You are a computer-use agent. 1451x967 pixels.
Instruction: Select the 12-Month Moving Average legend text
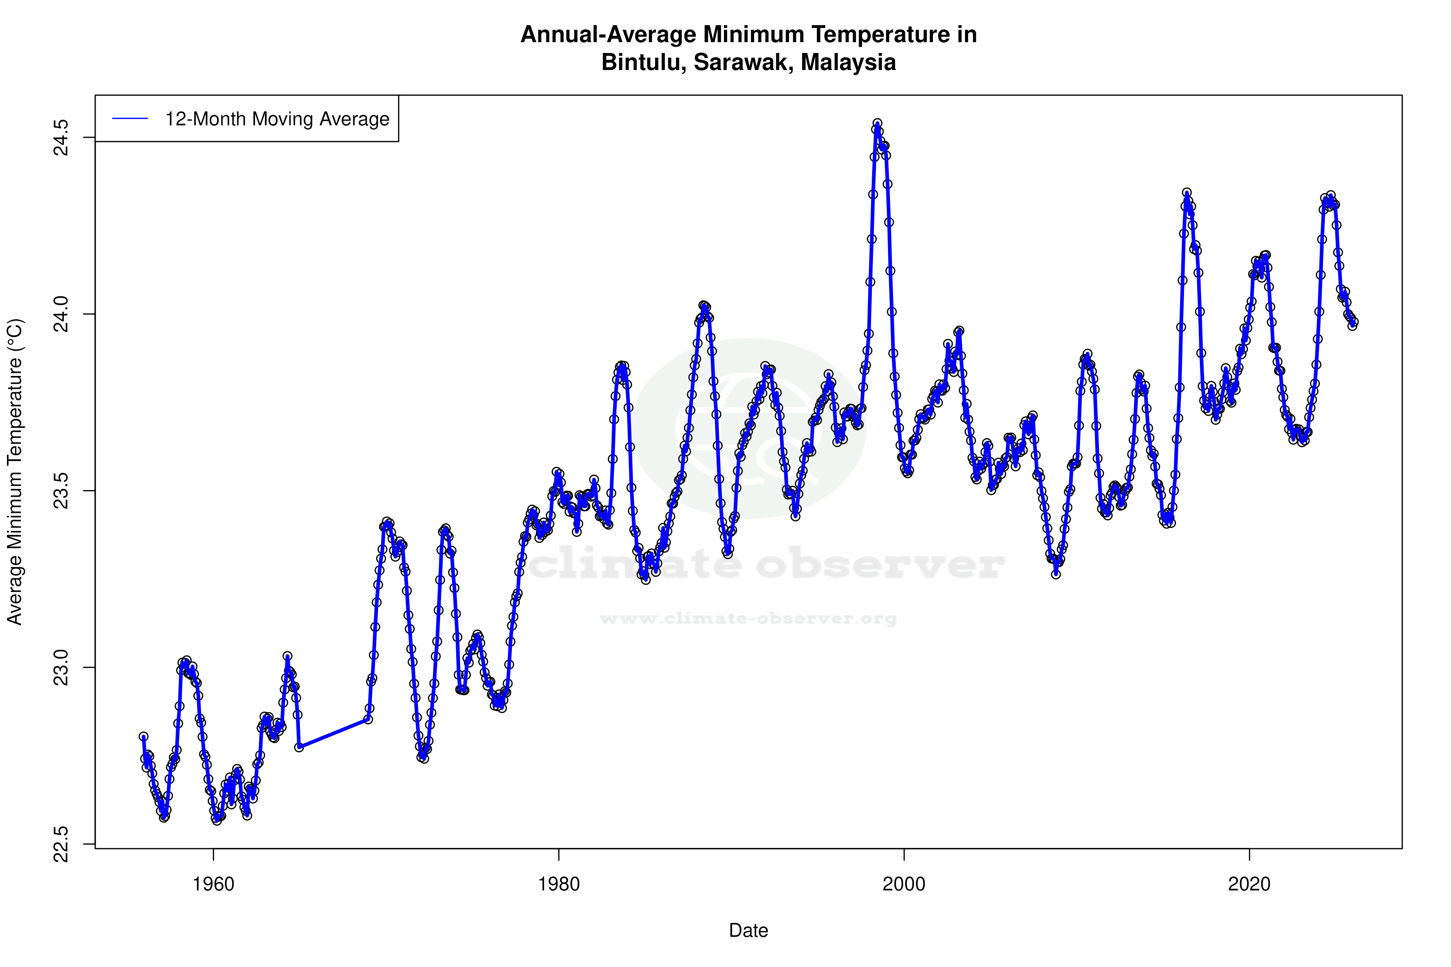277,119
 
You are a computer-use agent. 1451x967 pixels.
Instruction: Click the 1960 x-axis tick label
214,884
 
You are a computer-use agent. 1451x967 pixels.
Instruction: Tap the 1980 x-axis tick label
559,884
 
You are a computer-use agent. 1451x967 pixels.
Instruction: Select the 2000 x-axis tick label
904,884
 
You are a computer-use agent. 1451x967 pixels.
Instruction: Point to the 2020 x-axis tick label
1249,884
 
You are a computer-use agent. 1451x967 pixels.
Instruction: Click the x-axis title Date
748,931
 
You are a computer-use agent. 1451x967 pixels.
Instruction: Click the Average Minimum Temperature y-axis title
15,472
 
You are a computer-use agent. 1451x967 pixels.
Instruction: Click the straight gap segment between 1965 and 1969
333,733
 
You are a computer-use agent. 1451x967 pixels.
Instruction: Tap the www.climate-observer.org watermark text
748,618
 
